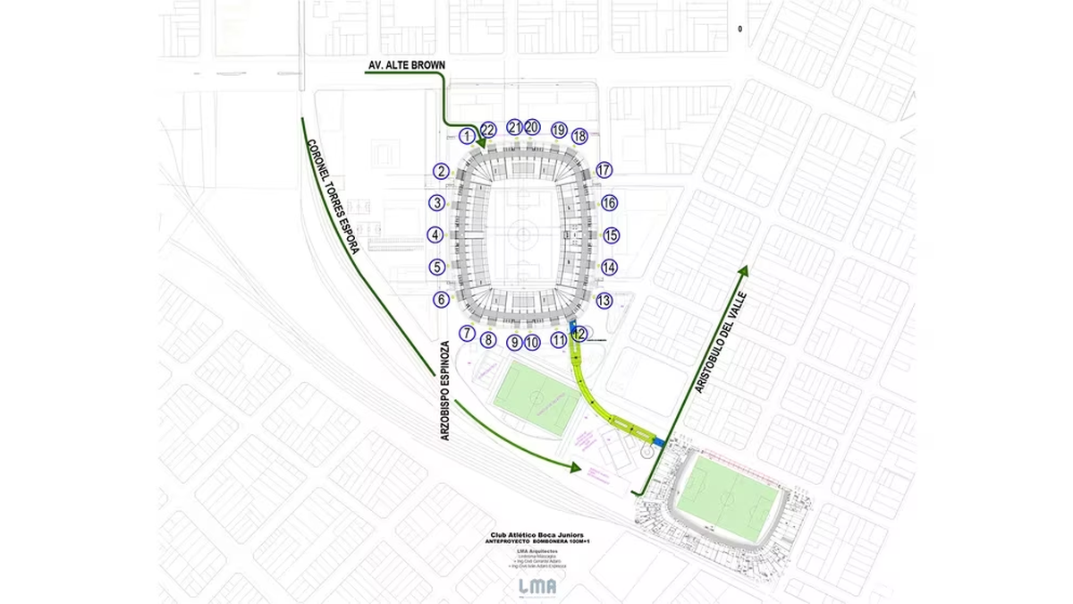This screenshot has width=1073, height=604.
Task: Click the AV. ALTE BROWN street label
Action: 406,65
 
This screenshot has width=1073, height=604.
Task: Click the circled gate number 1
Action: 467,136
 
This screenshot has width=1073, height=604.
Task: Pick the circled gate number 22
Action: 488,130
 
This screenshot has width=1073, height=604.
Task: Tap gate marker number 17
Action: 604,170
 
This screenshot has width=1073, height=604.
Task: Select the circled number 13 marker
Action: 604,301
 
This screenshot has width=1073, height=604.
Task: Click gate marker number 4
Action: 435,235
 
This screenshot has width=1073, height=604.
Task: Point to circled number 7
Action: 467,334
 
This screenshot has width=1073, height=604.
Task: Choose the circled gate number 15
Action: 611,235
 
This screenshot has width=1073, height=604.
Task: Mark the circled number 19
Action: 559,130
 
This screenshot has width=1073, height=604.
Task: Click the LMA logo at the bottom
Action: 536,586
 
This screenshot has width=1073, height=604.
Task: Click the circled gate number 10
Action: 532,342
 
